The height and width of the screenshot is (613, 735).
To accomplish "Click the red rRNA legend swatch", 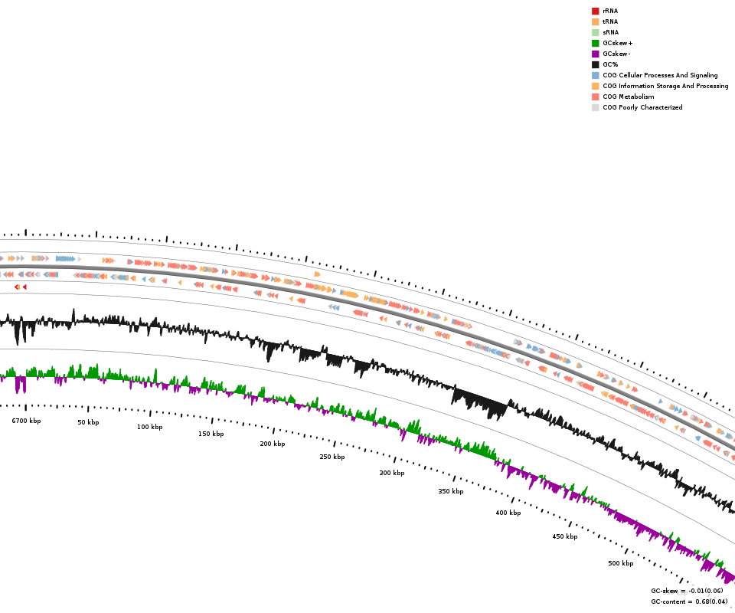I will pos(595,11).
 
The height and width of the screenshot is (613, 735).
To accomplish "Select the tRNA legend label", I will pos(610,21).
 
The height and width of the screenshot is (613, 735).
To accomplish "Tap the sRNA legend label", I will pos(610,32).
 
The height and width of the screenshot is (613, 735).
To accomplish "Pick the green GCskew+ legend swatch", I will pos(595,43).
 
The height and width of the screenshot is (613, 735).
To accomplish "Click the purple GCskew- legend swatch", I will pos(595,54).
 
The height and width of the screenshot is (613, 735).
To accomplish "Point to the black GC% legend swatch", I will pos(595,64).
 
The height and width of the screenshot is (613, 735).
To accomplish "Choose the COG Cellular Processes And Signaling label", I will pos(660,75).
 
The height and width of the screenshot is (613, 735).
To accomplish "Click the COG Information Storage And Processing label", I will pos(665,86).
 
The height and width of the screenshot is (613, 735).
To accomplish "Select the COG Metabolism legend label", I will pos(629,97).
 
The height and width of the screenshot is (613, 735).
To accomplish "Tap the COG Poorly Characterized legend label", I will pos(642,107).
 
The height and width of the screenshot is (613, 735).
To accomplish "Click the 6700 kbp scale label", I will pos(26,421).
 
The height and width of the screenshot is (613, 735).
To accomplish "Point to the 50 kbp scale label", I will pos(88,422).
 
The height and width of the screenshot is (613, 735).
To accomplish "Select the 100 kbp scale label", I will pos(150,427).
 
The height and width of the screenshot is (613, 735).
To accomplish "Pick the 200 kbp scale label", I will pos(273,444).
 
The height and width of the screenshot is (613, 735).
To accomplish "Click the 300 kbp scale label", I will pos(392,473).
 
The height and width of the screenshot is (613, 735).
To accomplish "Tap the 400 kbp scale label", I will pos(508,513).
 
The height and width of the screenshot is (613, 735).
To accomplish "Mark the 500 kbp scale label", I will pos(621,563).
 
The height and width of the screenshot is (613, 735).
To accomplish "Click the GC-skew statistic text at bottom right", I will pos(687,591).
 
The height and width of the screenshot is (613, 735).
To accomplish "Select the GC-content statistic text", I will pos(689,602).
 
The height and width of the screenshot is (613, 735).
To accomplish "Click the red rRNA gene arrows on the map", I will pos(21,287).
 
